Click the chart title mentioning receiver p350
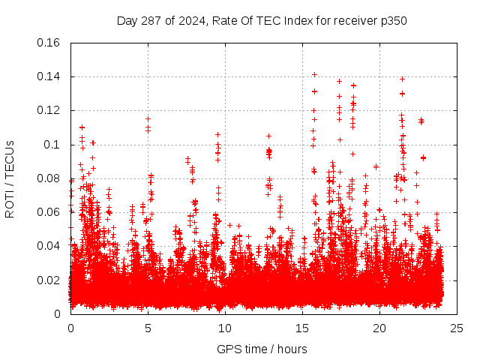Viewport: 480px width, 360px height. tap(262, 20)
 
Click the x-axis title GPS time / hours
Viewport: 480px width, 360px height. tap(262, 349)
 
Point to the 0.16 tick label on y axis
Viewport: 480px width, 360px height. tap(49, 43)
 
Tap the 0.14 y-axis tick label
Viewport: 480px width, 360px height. tap(49, 76)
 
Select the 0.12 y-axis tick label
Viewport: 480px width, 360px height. tap(49, 110)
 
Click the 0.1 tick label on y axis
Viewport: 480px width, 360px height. tap(52, 145)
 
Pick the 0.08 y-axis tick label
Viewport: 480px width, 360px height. tap(49, 178)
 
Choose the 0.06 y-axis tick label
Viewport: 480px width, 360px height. tap(49, 212)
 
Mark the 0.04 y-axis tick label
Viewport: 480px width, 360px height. tap(49, 246)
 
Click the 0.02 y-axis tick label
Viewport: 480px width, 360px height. tap(49, 280)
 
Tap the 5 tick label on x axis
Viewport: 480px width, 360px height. tap(148, 328)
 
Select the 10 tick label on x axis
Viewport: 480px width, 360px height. tap(225, 328)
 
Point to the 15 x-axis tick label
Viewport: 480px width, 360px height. tap(302, 328)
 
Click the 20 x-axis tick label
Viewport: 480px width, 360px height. tap(379, 328)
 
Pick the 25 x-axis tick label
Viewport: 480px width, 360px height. tap(457, 328)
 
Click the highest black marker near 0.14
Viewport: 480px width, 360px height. tap(315, 74)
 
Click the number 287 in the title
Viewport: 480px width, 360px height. tap(153, 20)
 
